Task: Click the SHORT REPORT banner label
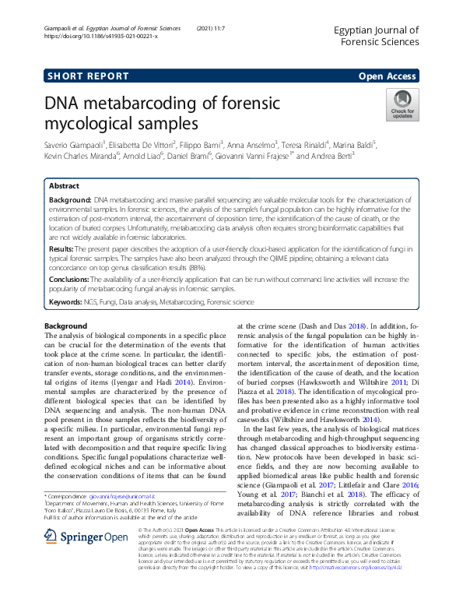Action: click(x=88, y=76)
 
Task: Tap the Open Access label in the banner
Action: click(x=387, y=76)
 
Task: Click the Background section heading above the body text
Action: click(x=65, y=325)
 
